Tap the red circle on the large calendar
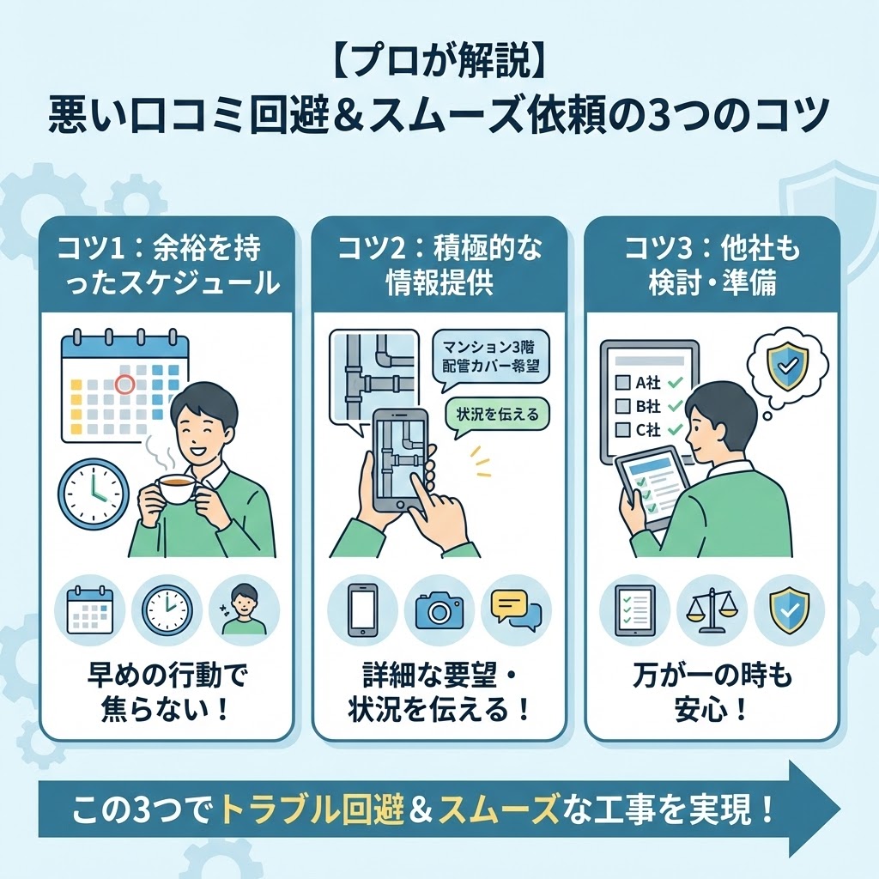pos(125,385)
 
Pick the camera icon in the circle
pos(439,610)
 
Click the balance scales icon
pos(712,610)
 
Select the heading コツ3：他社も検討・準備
pos(712,266)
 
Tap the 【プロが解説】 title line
pos(439,66)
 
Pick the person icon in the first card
pos(244,610)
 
